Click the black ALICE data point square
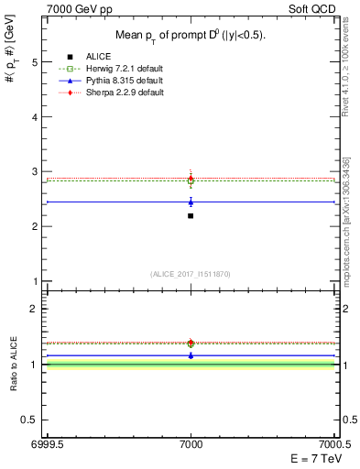click(x=191, y=216)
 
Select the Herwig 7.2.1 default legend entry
click(x=122, y=69)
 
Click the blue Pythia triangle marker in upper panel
click(x=191, y=202)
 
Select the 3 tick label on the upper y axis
click(x=35, y=171)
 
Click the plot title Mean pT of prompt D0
click(x=191, y=35)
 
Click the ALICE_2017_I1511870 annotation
click(x=191, y=274)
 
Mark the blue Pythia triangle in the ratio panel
click(x=191, y=354)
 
